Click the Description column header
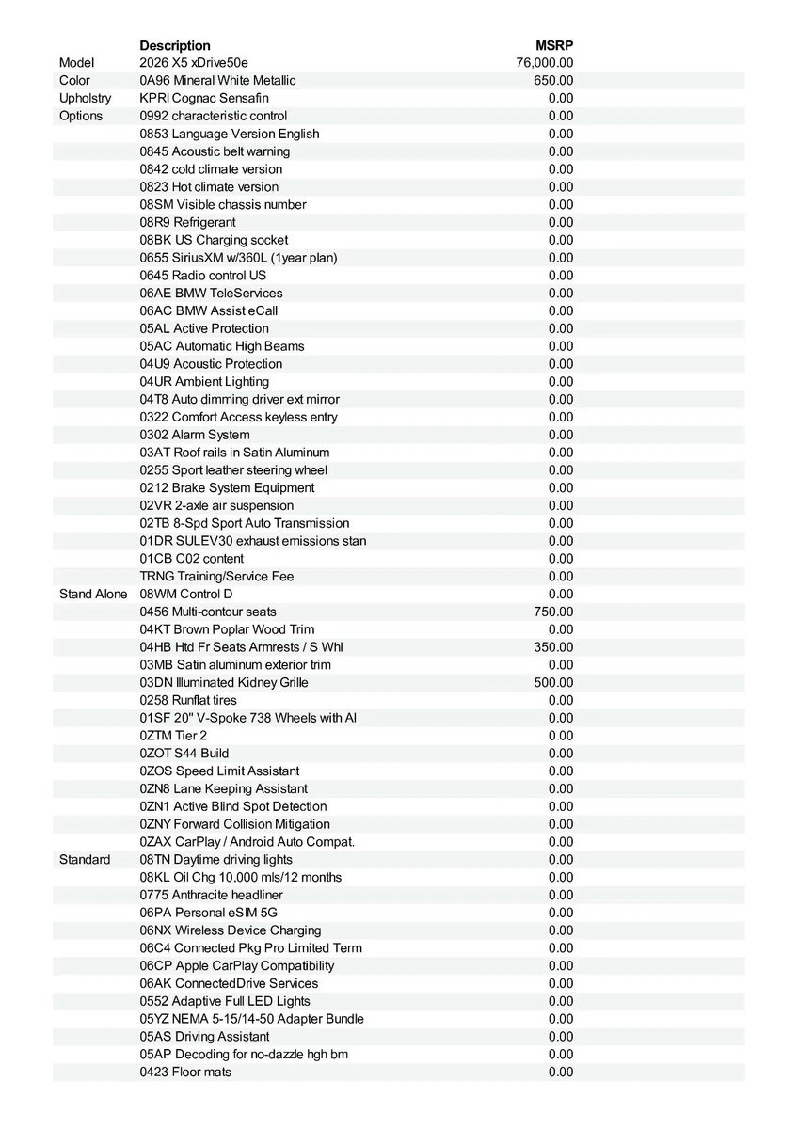click(x=175, y=45)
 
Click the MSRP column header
click(x=554, y=45)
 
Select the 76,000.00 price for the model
click(x=545, y=63)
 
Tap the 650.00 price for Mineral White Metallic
click(x=553, y=81)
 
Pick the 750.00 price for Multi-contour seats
click(x=553, y=612)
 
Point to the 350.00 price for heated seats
click(x=553, y=647)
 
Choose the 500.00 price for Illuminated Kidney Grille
click(x=553, y=682)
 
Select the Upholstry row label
click(x=85, y=98)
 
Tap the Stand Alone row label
click(x=93, y=594)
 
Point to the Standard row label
click(x=85, y=859)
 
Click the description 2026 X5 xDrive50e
click(x=194, y=63)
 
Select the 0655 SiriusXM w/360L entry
click(x=238, y=258)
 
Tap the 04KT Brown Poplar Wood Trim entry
click(x=227, y=629)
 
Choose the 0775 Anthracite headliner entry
click(x=211, y=895)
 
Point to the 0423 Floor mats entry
click(x=185, y=1072)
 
